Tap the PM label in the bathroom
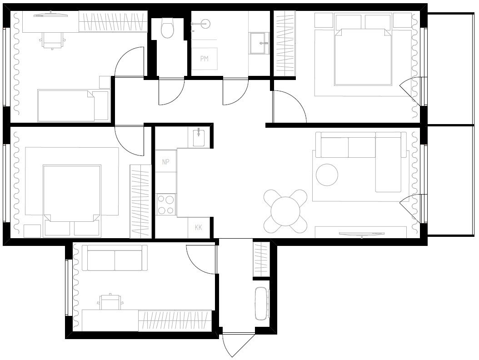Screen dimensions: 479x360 click(x=205, y=58)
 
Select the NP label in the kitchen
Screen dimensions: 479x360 click(x=165, y=162)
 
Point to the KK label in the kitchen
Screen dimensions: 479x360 click(x=199, y=227)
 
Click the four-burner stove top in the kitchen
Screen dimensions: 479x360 click(x=166, y=204)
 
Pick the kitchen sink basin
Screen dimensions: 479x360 click(x=199, y=138)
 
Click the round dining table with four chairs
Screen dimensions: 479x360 click(x=286, y=211)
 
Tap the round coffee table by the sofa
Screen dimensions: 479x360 click(x=327, y=175)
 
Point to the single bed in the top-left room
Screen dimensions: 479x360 click(x=73, y=105)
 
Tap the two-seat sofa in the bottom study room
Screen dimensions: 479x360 click(x=115, y=258)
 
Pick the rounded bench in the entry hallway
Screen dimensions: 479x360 click(x=261, y=304)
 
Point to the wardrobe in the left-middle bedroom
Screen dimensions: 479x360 click(x=140, y=201)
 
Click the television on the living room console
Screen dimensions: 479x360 click(x=362, y=234)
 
